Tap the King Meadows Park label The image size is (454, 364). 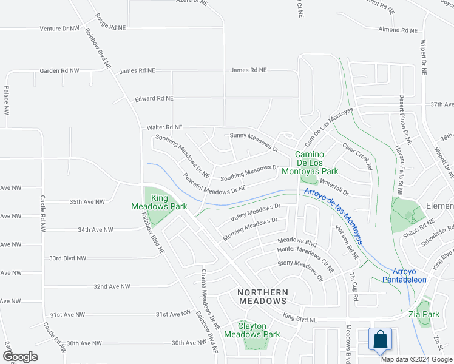pyautogui.click(x=151, y=202)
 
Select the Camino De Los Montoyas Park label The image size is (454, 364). pyautogui.click(x=316, y=163)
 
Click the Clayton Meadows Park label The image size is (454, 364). pyautogui.click(x=252, y=330)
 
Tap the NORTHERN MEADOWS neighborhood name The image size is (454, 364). pyautogui.click(x=262, y=297)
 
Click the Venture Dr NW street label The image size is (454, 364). pyautogui.click(x=59, y=29)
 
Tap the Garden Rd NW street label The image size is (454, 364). pyautogui.click(x=59, y=71)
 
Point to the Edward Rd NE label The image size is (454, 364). pyautogui.click(x=154, y=98)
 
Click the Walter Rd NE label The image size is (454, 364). pyautogui.click(x=164, y=128)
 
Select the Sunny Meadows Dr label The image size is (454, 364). pyautogui.click(x=254, y=142)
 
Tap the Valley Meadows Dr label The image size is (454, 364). pyautogui.click(x=256, y=211)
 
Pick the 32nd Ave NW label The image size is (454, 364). pyautogui.click(x=112, y=286)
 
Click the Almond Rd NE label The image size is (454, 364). pyautogui.click(x=398, y=30)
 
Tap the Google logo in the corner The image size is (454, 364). pyautogui.click(x=20, y=357)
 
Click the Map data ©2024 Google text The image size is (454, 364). pyautogui.click(x=416, y=359)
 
